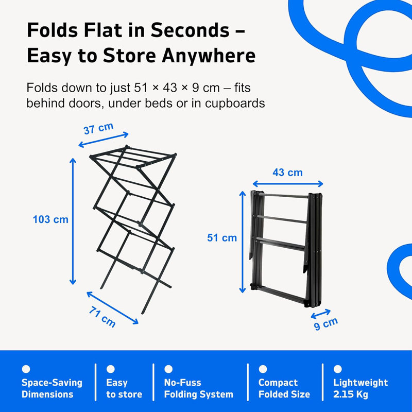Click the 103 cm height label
click(50, 219)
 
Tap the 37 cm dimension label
click(98, 128)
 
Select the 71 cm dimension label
click(102, 317)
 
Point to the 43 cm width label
click(287, 173)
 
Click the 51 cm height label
click(222, 238)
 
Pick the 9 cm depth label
click(326, 323)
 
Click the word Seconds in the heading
click(190, 30)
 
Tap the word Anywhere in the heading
click(209, 56)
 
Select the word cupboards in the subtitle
click(235, 104)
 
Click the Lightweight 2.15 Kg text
click(360, 388)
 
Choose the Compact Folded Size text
click(284, 388)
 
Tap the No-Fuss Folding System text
click(199, 388)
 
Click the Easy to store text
click(124, 388)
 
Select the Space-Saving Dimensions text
click(52, 388)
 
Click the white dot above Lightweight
click(338, 369)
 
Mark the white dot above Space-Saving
click(26, 369)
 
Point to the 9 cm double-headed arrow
click(320, 314)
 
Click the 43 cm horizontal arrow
click(288, 184)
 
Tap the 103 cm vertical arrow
click(73, 221)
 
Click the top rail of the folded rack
click(286, 196)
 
